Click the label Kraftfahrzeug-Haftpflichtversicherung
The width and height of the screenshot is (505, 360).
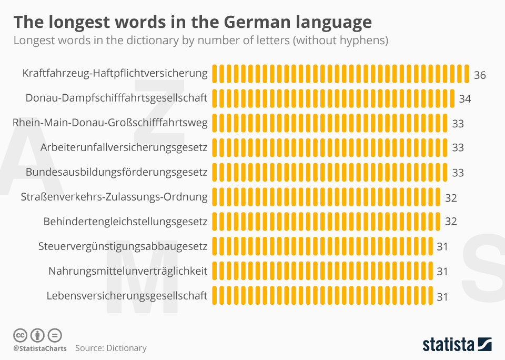(115, 73)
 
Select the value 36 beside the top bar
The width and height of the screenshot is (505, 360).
(479, 75)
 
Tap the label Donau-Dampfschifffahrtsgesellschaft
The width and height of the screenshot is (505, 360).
(116, 98)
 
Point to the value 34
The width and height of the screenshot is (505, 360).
(464, 99)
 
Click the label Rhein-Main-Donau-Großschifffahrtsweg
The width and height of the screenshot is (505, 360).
(110, 123)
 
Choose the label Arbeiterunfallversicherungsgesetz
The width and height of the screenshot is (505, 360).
(124, 147)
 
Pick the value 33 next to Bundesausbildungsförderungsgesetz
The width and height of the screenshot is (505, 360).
(458, 173)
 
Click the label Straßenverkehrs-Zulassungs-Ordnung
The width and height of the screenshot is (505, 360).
(114, 197)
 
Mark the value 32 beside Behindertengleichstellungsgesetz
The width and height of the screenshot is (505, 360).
(451, 222)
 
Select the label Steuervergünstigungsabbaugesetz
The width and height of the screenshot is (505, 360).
(123, 246)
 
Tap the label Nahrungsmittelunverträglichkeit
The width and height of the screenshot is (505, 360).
(128, 271)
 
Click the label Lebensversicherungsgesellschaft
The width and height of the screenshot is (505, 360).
(127, 296)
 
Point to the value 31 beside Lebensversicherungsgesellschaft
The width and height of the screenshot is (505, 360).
(442, 297)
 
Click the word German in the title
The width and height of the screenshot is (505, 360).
(252, 22)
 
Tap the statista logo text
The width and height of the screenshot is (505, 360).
(448, 345)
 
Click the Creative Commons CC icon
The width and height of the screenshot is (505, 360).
(20, 335)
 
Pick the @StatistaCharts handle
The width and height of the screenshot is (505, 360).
(40, 348)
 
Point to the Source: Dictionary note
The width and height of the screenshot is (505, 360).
(110, 348)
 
